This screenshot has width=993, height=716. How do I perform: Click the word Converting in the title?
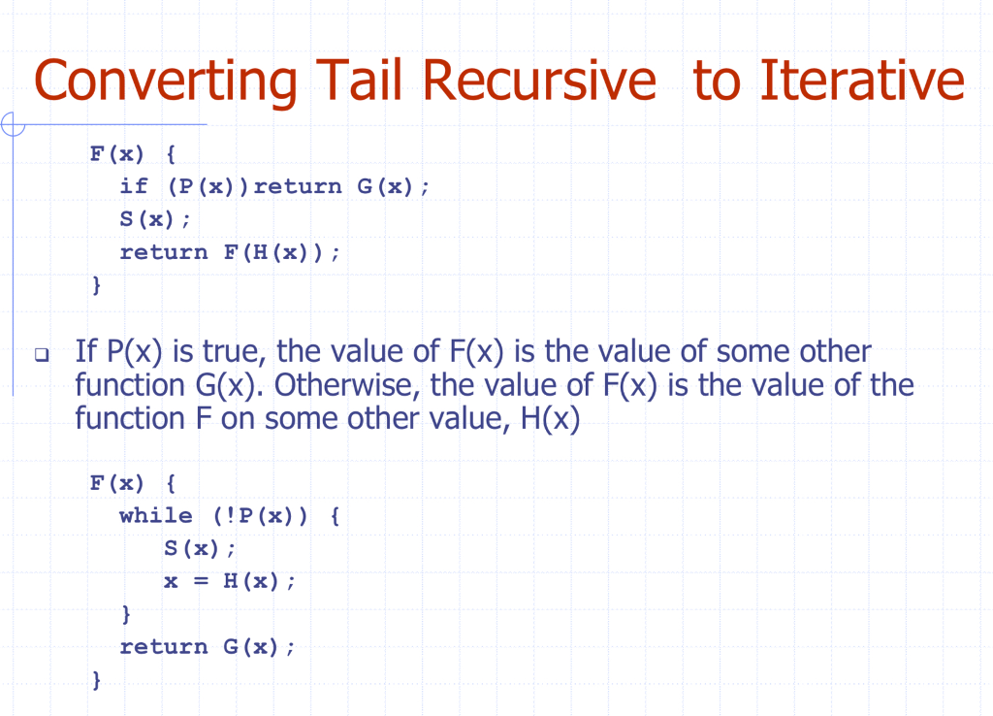[165, 81]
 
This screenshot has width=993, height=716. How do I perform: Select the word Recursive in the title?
[539, 80]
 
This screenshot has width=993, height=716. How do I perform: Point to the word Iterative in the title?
[862, 80]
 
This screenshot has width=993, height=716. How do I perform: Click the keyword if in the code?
[134, 186]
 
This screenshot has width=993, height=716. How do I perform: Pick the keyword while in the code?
[156, 515]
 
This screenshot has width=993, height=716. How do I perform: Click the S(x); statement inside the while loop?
[200, 548]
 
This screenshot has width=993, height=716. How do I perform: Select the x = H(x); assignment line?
[229, 581]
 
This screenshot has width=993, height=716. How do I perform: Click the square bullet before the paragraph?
[42, 354]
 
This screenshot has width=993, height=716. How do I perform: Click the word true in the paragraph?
[235, 351]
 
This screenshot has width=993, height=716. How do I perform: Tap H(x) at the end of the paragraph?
[550, 419]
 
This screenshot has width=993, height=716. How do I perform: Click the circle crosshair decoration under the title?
[13, 124]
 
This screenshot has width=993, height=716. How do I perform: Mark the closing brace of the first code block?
[96, 285]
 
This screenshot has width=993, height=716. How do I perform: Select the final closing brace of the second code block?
[96, 680]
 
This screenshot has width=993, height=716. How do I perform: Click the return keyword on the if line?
[298, 186]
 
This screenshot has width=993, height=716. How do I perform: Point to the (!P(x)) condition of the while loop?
[260, 516]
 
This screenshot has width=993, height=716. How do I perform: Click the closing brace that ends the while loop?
[126, 614]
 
